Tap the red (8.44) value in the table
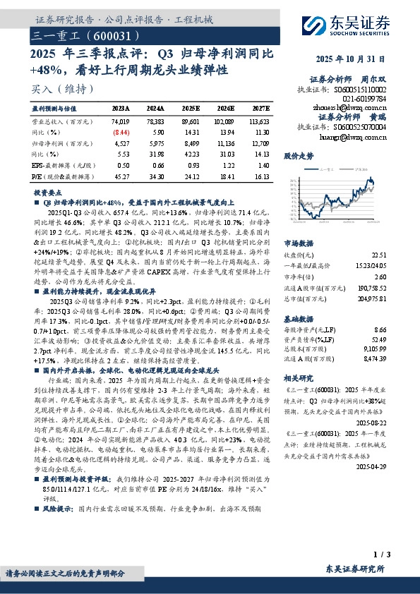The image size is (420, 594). tap(121, 132)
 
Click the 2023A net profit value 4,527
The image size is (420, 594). tap(121, 143)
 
